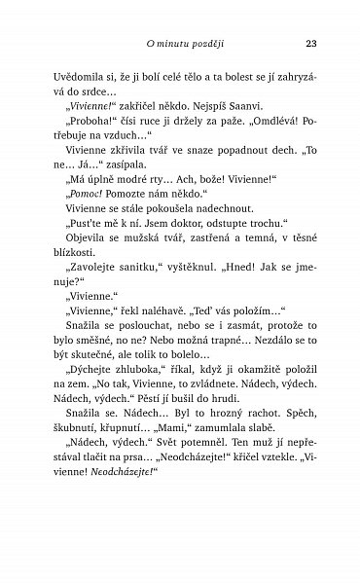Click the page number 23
point(310,44)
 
